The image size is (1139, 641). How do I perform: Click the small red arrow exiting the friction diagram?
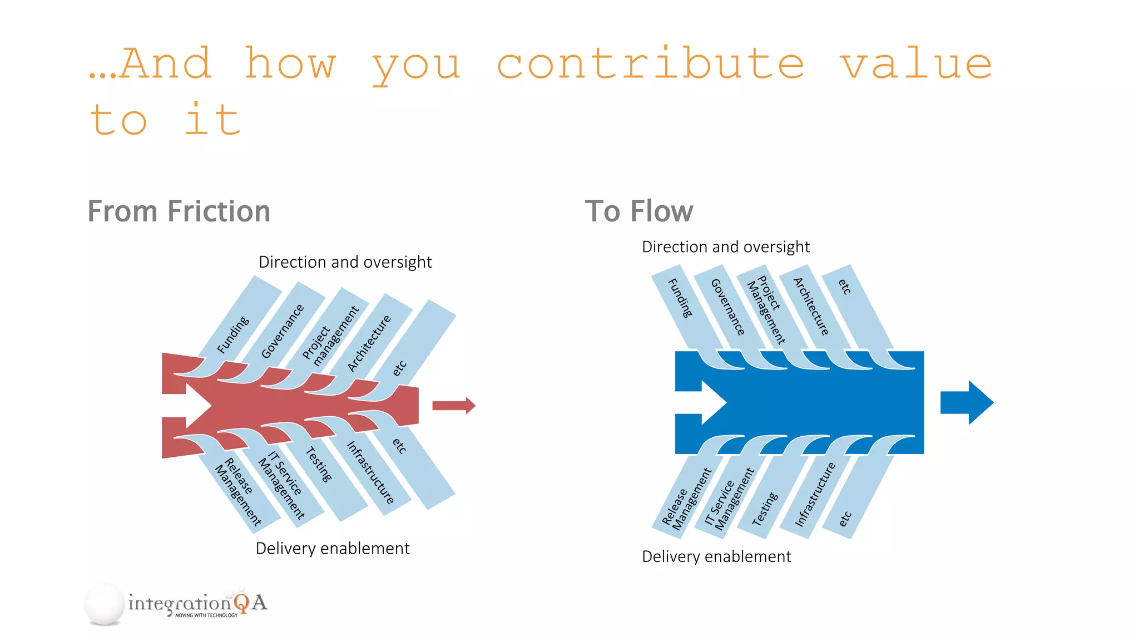pyautogui.click(x=453, y=406)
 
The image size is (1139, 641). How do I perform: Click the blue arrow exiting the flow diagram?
pyautogui.click(x=967, y=402)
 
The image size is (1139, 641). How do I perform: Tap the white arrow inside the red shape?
pyautogui.click(x=192, y=406)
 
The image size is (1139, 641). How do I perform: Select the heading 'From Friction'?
pyautogui.click(x=179, y=211)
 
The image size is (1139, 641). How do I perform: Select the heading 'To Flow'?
pyautogui.click(x=638, y=211)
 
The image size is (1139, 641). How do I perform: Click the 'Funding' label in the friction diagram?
pyautogui.click(x=232, y=335)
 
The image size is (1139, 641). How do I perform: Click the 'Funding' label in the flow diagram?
pyautogui.click(x=680, y=298)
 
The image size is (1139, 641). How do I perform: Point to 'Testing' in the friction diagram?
pyautogui.click(x=319, y=465)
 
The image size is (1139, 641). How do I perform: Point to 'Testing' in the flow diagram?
pyautogui.click(x=765, y=509)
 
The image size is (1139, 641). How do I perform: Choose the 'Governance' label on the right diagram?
pyautogui.click(x=727, y=307)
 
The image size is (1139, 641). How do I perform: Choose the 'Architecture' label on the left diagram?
pyautogui.click(x=369, y=343)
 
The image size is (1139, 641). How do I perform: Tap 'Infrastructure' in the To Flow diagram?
pyautogui.click(x=815, y=494)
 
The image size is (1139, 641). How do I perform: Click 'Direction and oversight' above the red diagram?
pyautogui.click(x=345, y=262)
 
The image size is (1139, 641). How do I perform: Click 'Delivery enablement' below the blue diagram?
pyautogui.click(x=716, y=556)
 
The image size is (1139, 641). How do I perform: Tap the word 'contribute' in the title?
pyautogui.click(x=650, y=64)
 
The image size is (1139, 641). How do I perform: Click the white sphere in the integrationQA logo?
pyautogui.click(x=105, y=604)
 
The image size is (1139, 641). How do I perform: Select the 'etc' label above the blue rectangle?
pyautogui.click(x=844, y=287)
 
